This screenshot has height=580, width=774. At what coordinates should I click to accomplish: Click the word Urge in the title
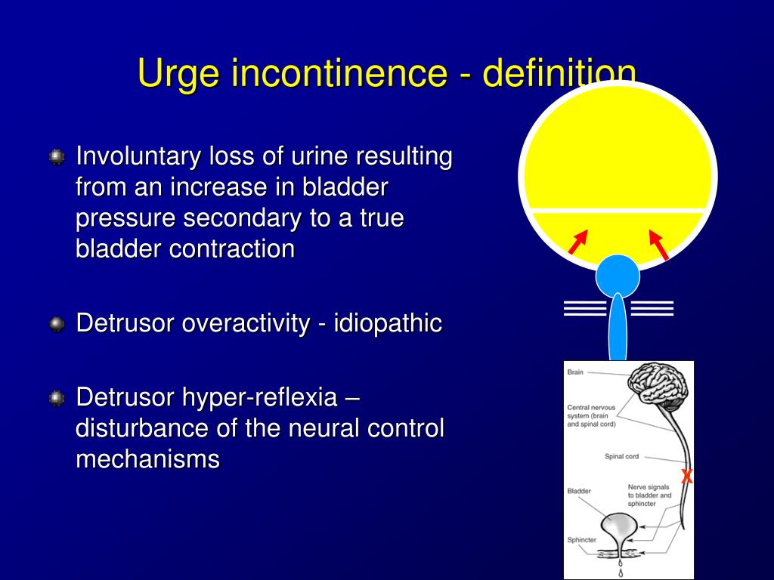[178, 74]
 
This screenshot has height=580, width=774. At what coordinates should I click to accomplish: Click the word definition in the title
[559, 73]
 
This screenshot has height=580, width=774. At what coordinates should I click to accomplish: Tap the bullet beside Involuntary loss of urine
[57, 157]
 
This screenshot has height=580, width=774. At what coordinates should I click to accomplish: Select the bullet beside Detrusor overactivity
[57, 324]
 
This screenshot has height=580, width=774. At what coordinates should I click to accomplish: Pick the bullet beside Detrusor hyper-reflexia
[57, 398]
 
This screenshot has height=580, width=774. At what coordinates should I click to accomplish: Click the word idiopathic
[388, 323]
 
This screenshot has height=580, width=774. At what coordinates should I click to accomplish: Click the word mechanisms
[147, 458]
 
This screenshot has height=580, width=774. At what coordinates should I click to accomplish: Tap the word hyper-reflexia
[260, 397]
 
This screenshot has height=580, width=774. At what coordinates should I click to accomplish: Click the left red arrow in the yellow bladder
[578, 242]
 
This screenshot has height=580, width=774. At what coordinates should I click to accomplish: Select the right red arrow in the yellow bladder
[658, 245]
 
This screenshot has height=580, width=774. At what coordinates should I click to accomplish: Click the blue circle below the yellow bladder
[618, 276]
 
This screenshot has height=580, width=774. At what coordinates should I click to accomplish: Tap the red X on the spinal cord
[686, 477]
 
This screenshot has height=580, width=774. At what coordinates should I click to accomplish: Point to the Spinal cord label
[621, 457]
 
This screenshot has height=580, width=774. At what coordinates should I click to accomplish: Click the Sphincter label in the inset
[581, 539]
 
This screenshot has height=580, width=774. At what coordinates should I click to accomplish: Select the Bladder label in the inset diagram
[579, 491]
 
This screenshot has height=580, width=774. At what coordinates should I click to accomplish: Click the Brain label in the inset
[575, 372]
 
